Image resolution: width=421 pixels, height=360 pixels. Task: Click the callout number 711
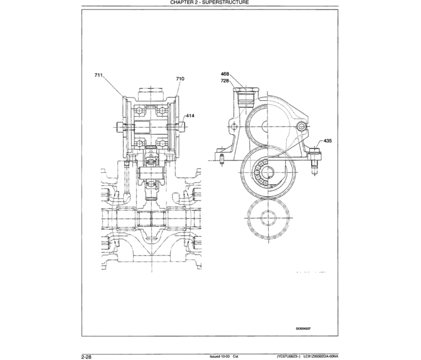pyautogui.click(x=99, y=75)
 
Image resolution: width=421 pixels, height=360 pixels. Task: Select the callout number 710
pyautogui.click(x=180, y=79)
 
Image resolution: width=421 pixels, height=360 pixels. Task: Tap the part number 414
pyautogui.click(x=191, y=116)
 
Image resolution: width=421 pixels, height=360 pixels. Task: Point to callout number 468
pyautogui.click(x=225, y=74)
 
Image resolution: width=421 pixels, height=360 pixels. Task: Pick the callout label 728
pyautogui.click(x=225, y=80)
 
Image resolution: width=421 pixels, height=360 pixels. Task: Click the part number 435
pyautogui.click(x=328, y=141)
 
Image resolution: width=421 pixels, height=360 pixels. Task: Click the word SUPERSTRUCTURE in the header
pyautogui.click(x=219, y=3)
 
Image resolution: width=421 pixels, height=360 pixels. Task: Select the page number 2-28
pyautogui.click(x=86, y=356)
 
